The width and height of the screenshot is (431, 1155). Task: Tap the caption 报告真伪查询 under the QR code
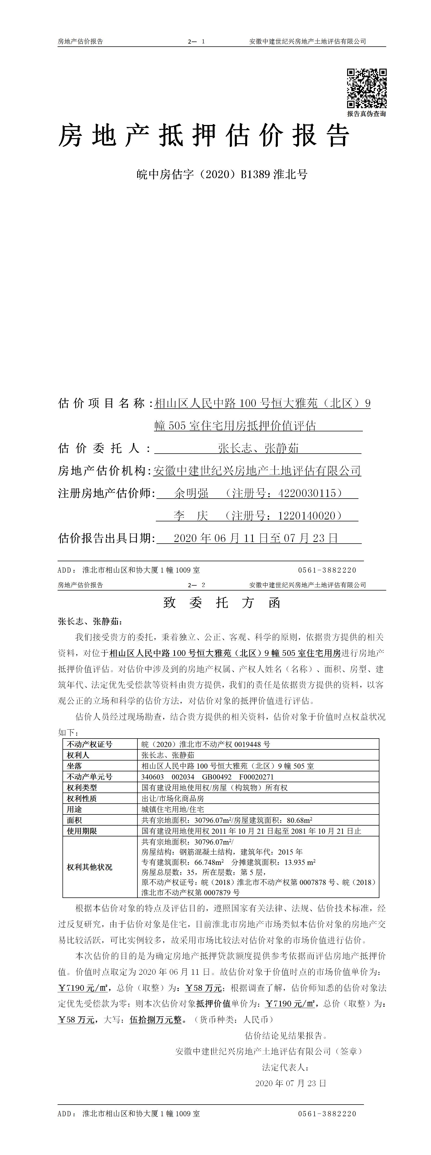pos(366,114)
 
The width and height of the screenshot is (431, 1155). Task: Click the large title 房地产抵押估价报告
pos(204,136)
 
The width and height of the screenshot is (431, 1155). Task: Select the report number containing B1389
pos(222,174)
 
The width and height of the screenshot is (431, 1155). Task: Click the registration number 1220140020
pos(307,516)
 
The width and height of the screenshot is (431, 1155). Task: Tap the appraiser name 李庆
pos(191,516)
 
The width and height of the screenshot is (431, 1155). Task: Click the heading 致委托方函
pos(222,603)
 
